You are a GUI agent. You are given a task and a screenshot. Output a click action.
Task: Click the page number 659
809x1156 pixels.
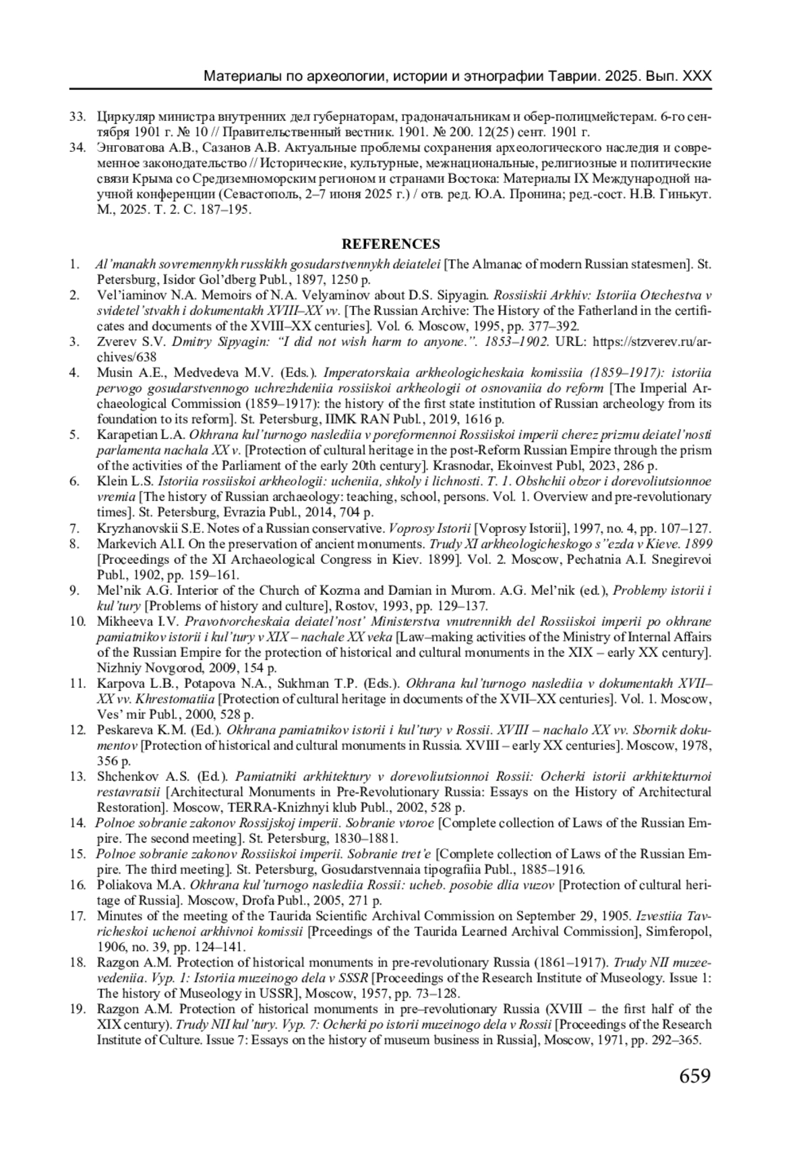click(x=694, y=1074)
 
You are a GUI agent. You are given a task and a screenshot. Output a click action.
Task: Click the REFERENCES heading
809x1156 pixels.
click(x=390, y=244)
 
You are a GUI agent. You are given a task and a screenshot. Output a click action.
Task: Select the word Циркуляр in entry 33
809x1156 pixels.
click(x=121, y=116)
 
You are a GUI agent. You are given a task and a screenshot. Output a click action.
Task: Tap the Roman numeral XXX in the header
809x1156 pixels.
click(x=696, y=76)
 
